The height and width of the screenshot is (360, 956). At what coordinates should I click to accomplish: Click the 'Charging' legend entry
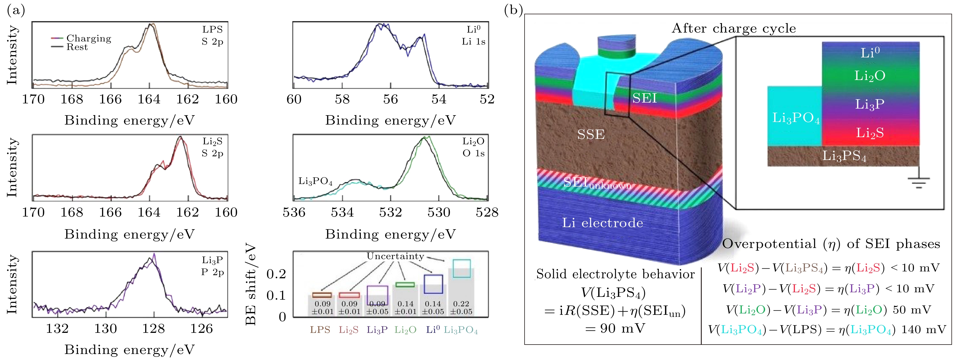(88, 38)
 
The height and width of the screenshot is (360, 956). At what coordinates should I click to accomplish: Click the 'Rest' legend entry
(77, 47)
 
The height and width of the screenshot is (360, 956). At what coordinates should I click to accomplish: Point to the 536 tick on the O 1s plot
(294, 212)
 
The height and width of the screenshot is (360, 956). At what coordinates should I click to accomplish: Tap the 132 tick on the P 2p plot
(57, 329)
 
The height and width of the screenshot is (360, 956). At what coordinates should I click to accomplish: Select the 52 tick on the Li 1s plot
(487, 99)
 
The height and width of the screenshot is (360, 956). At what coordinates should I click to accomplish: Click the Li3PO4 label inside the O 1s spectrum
(315, 181)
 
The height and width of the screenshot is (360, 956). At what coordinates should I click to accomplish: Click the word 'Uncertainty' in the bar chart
(395, 256)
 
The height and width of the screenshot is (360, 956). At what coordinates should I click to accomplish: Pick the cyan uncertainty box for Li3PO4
(462, 268)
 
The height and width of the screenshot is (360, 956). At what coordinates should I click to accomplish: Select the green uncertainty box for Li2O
(405, 285)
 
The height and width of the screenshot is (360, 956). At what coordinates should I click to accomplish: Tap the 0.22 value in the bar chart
(461, 304)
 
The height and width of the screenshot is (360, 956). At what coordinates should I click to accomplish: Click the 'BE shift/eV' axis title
(251, 284)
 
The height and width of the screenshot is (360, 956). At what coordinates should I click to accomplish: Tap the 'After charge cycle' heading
(734, 29)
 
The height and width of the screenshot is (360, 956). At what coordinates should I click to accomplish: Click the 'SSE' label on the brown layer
(591, 134)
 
